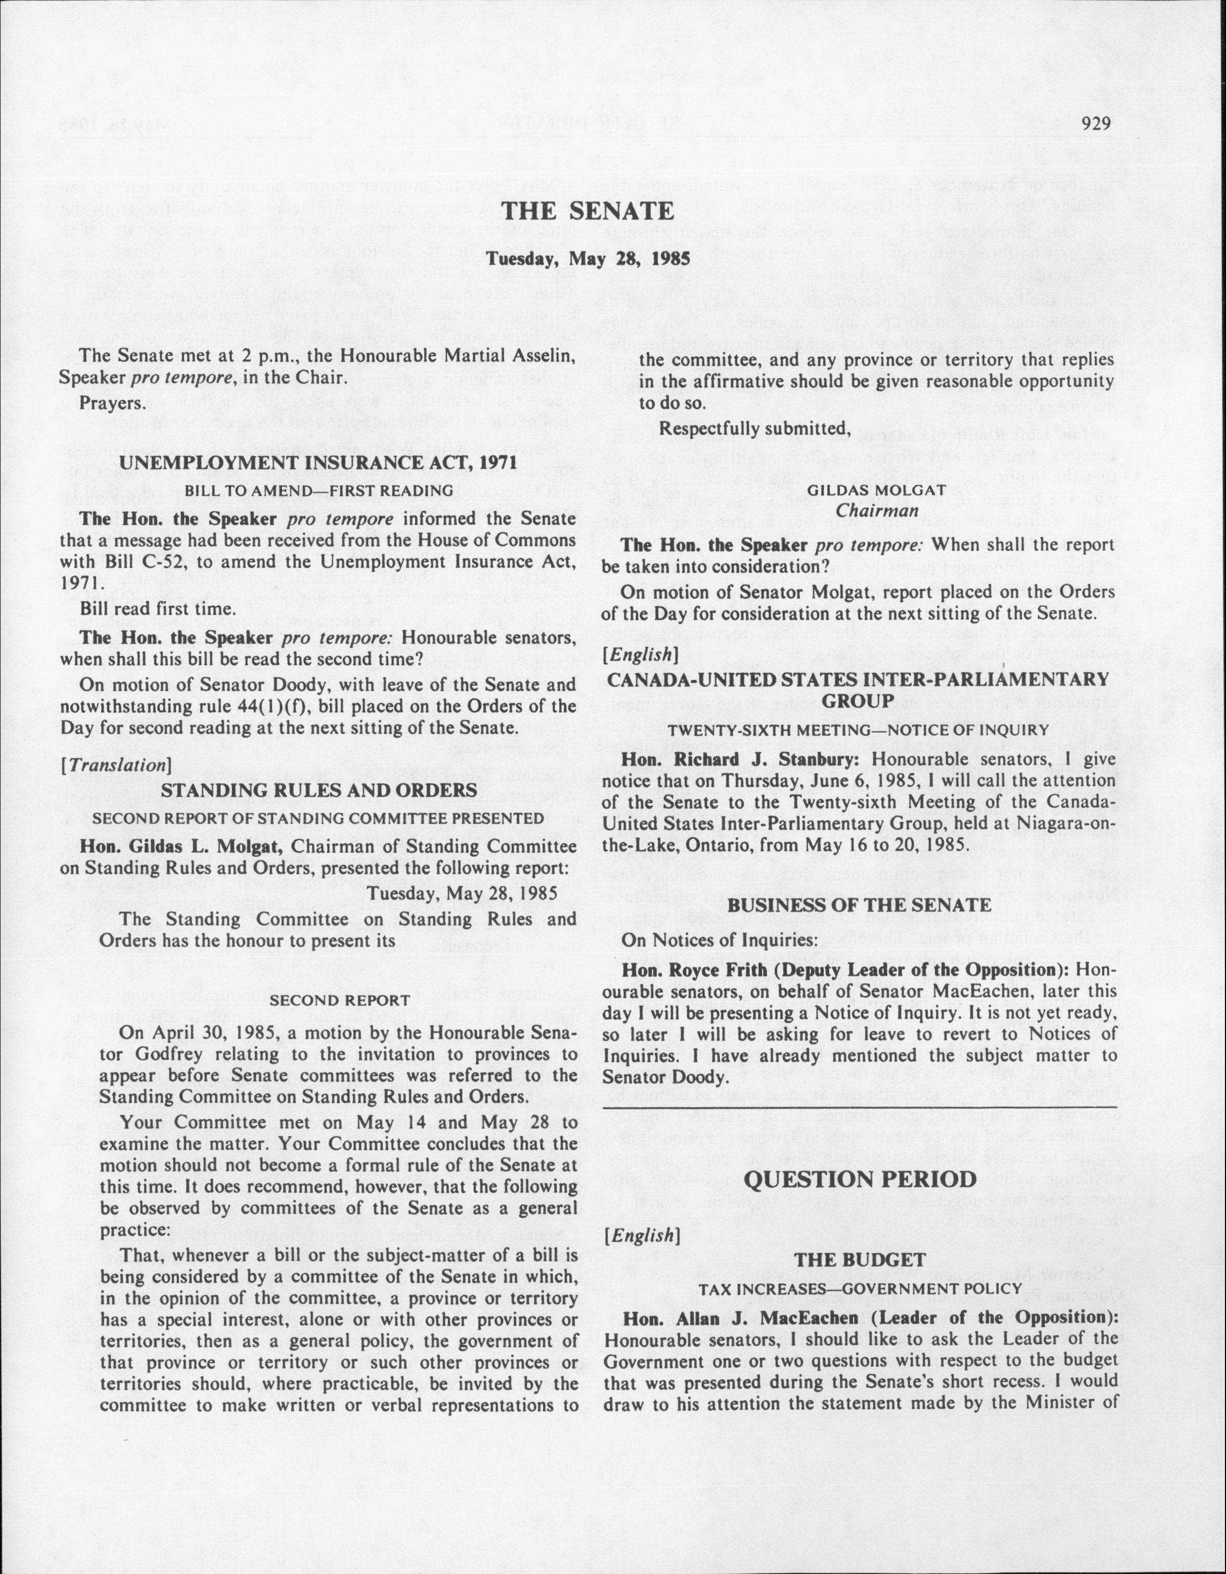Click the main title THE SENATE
tap(588, 211)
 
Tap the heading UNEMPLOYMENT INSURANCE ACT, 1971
tap(318, 463)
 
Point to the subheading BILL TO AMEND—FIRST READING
tap(318, 491)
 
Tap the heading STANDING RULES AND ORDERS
tap(318, 791)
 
